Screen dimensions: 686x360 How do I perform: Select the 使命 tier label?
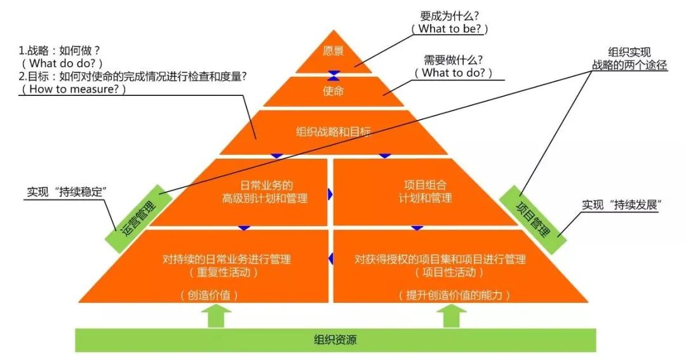click(x=333, y=91)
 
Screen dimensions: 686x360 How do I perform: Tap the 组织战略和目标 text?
click(x=333, y=132)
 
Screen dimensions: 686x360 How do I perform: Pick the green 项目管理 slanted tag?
click(x=532, y=218)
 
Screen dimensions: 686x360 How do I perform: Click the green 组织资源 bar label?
click(x=335, y=340)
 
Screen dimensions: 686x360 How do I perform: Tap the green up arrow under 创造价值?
click(x=216, y=316)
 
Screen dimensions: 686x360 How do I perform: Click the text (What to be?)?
click(x=452, y=29)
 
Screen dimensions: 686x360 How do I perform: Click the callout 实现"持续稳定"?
click(x=67, y=191)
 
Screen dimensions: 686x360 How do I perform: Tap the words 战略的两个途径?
click(x=629, y=65)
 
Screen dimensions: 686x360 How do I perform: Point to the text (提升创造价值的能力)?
click(x=455, y=295)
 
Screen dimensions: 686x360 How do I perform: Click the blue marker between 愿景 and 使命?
click(x=333, y=73)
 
